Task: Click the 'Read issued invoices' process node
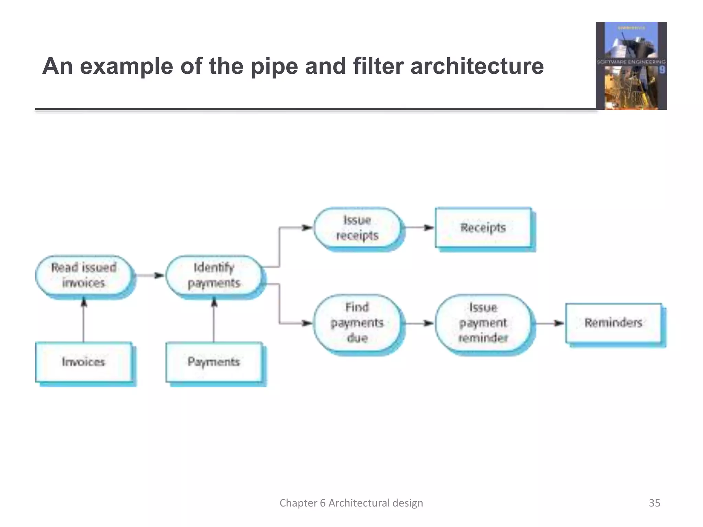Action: coord(84,275)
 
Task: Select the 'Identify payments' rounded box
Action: coord(214,275)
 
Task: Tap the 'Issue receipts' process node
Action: coord(357,227)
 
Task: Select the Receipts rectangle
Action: coord(483,227)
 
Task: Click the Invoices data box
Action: coord(84,362)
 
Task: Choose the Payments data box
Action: coord(214,362)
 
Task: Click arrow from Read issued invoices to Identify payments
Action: coord(150,275)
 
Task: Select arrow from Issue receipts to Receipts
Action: coord(419,227)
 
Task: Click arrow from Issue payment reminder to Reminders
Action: coord(549,323)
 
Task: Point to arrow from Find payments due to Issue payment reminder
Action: coord(419,323)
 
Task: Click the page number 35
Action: coord(654,503)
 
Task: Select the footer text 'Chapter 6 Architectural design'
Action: coord(351,503)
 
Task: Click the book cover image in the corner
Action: coord(631,66)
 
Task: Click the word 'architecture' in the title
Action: coord(477,66)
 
